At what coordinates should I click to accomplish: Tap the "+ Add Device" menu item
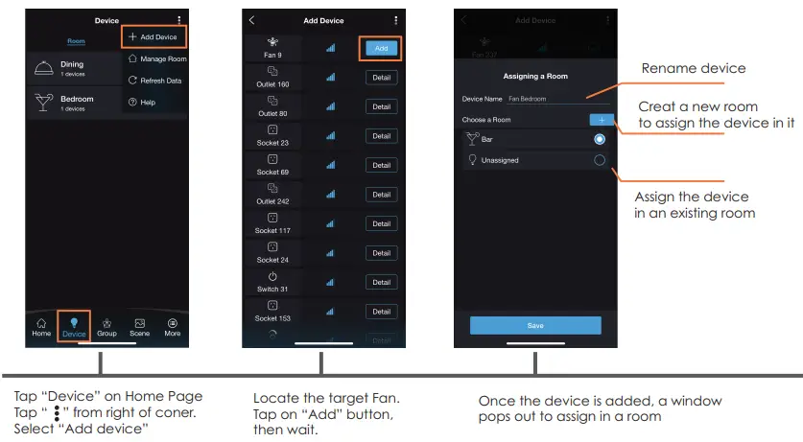(154, 36)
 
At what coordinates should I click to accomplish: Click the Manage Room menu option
(156, 58)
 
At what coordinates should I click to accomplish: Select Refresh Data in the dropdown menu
(154, 81)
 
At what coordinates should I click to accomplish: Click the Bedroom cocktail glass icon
(44, 103)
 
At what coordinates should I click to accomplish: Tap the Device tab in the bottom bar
(73, 326)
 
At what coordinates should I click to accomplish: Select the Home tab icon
(41, 326)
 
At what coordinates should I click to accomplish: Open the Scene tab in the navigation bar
(139, 326)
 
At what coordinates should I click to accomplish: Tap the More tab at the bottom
(173, 326)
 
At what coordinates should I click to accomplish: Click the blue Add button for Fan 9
(381, 48)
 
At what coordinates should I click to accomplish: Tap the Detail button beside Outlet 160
(381, 78)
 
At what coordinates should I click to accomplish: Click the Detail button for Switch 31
(381, 282)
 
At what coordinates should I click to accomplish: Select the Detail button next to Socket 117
(381, 223)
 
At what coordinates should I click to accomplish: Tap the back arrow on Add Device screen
(251, 20)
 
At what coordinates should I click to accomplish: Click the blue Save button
(535, 326)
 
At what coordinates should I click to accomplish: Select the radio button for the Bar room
(600, 139)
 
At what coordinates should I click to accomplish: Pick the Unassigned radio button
(600, 160)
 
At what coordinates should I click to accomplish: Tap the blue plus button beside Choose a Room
(601, 120)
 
